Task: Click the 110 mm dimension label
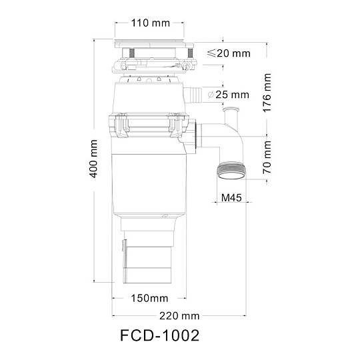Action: click(x=151, y=23)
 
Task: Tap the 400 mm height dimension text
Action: click(x=93, y=159)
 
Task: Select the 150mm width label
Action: click(x=149, y=298)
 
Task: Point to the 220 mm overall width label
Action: click(x=179, y=316)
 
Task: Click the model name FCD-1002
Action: click(x=159, y=335)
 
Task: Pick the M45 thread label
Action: click(x=231, y=197)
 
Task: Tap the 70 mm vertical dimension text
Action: click(x=267, y=157)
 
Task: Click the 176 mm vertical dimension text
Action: click(x=267, y=93)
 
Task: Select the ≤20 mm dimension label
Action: click(x=229, y=53)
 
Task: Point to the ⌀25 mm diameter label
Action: click(x=228, y=95)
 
